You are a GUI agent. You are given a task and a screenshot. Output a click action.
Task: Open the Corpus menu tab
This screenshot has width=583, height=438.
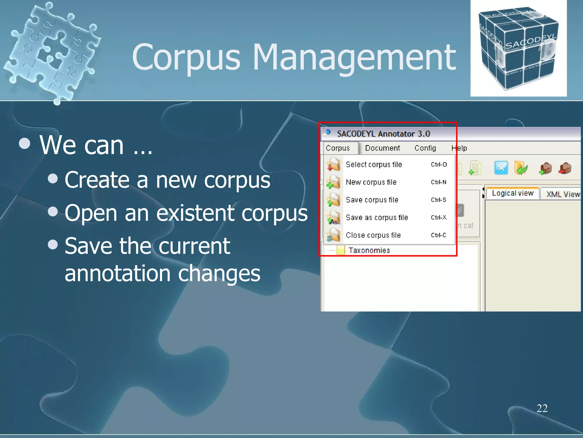[338, 148]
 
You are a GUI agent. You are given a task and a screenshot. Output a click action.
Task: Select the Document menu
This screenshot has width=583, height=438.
[382, 148]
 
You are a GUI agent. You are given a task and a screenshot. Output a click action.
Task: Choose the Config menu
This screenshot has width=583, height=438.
[425, 148]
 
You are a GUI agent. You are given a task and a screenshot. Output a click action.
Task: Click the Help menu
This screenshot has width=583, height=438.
[459, 148]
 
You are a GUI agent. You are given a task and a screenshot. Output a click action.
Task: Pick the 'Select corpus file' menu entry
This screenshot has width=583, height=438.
[373, 165]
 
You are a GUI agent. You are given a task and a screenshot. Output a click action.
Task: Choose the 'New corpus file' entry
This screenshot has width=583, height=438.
[371, 182]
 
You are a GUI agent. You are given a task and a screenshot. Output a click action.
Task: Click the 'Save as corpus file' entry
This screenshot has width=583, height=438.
[377, 218]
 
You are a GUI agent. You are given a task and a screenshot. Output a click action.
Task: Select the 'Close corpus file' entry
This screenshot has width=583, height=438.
[373, 235]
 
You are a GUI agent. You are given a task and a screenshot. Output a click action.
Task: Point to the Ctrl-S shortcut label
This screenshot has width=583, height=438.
[438, 200]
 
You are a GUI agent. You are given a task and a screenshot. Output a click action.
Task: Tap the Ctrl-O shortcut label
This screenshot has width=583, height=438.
[439, 165]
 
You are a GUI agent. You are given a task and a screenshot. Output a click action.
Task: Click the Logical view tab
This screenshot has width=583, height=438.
[512, 193]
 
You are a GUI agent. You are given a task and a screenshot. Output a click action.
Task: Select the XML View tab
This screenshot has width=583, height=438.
[563, 194]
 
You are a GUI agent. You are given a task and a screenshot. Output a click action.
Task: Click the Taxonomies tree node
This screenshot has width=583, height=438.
[369, 250]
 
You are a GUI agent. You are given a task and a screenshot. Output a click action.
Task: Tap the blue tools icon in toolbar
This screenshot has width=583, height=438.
[501, 168]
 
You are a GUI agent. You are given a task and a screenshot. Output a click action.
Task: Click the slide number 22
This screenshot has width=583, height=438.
[542, 408]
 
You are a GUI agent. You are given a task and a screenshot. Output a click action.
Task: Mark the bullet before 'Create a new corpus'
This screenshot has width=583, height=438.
[53, 179]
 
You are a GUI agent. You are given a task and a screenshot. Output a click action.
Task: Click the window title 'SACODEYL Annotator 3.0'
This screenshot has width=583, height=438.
[383, 134]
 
